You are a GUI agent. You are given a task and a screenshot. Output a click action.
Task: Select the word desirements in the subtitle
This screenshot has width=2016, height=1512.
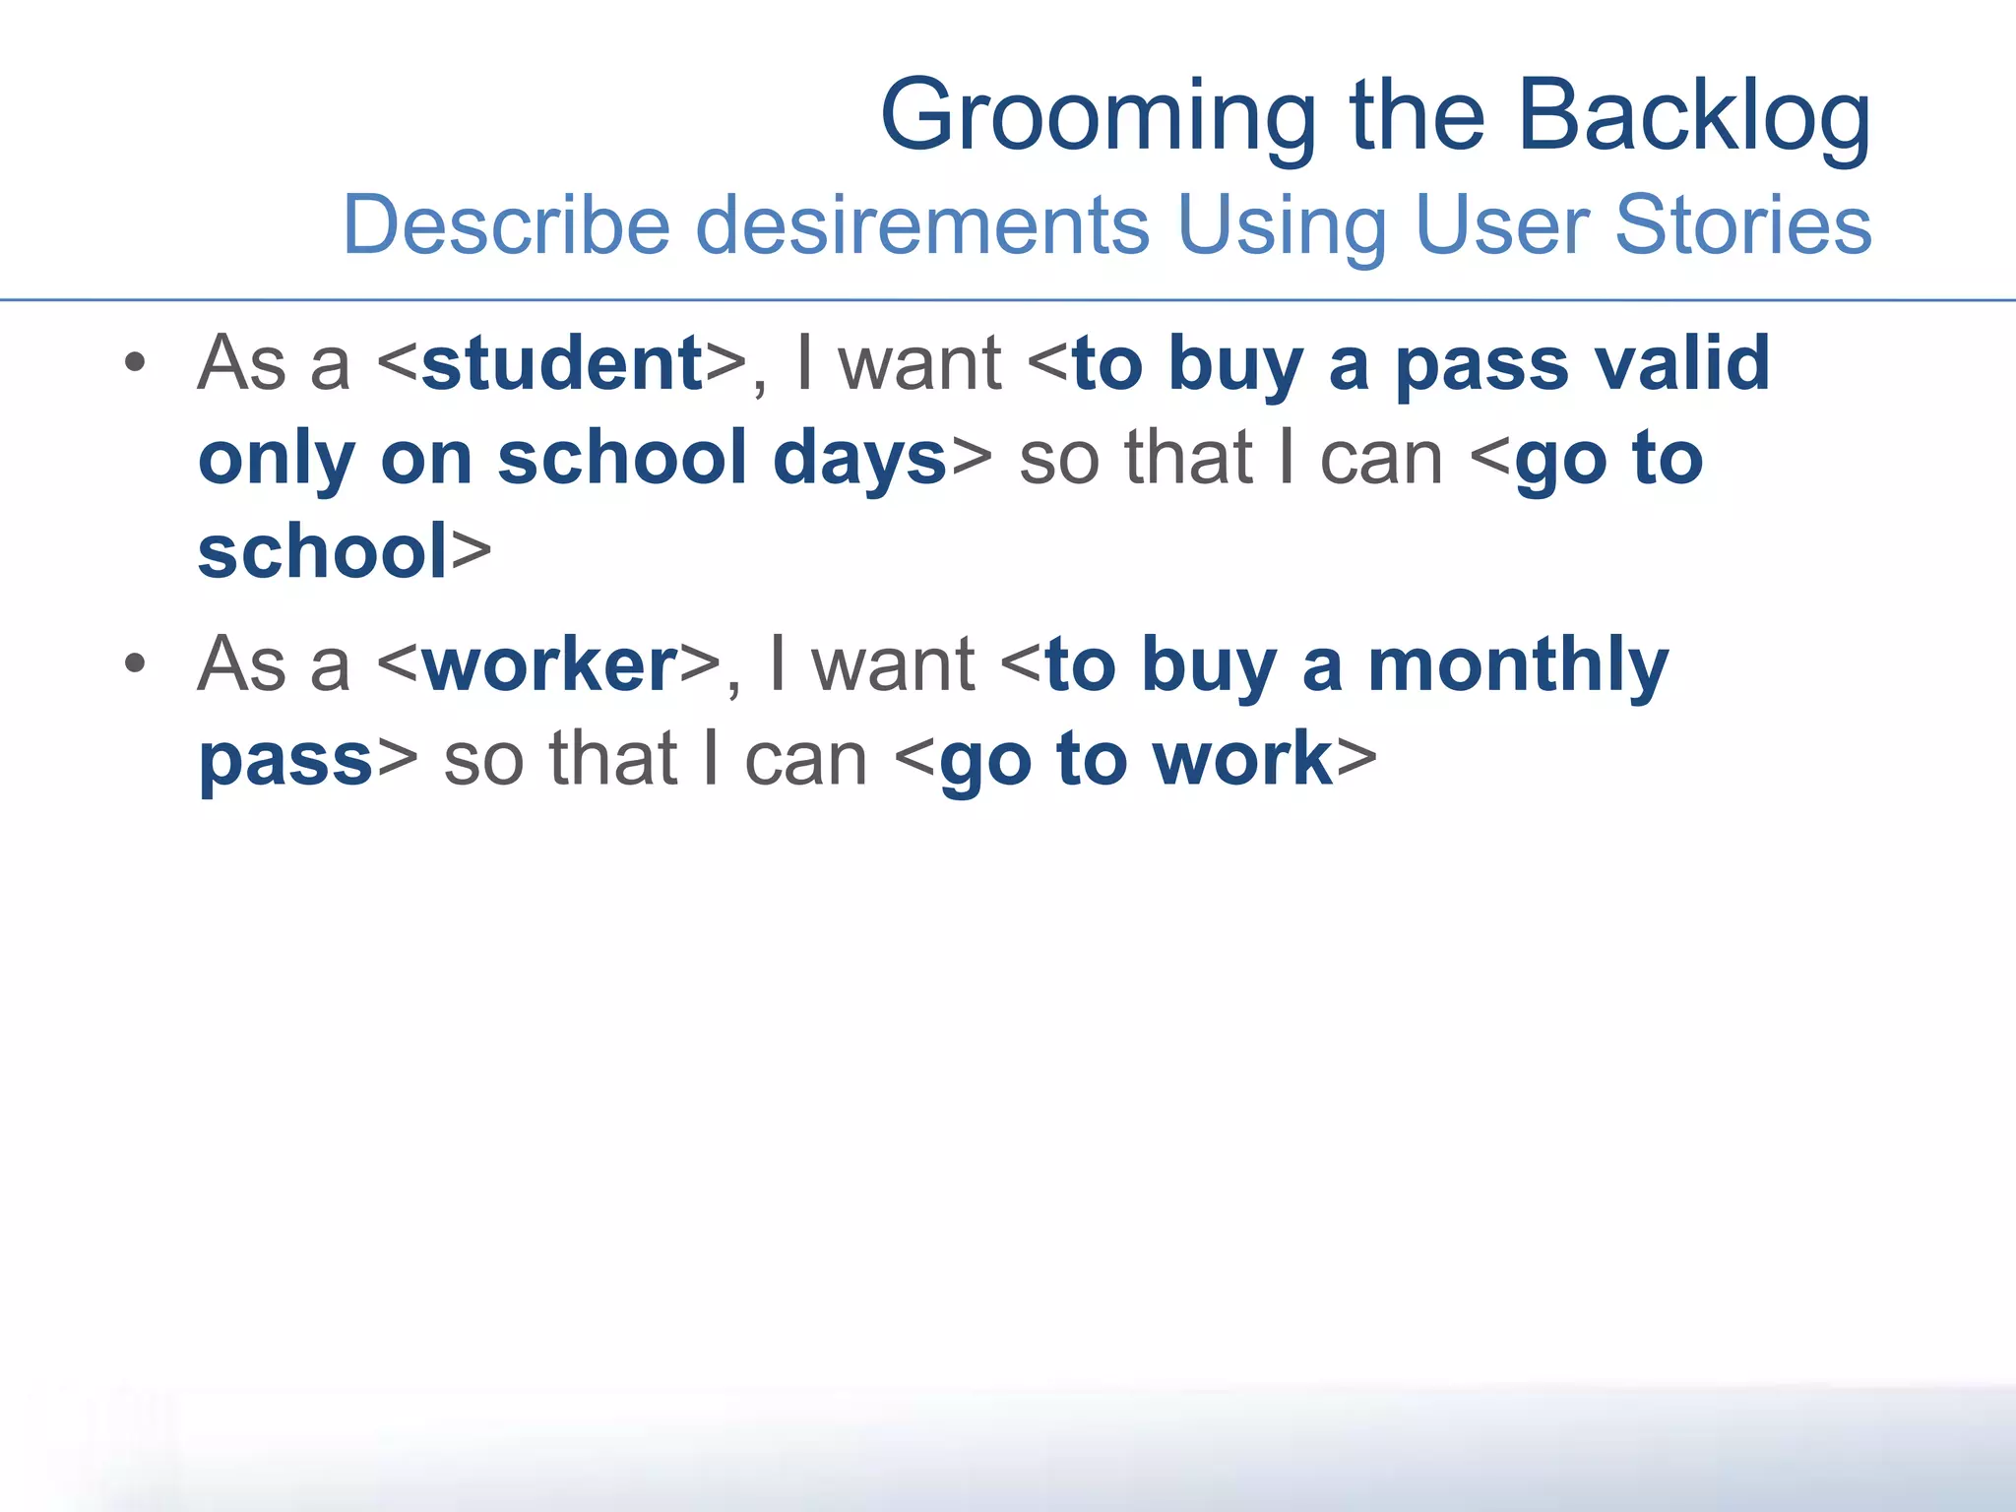922,224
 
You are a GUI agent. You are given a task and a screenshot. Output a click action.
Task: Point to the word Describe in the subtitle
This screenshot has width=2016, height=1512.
506,224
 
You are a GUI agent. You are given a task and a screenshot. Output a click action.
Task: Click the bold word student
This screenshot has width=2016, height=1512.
562,364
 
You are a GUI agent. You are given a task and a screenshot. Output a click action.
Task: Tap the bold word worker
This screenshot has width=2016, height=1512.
550,665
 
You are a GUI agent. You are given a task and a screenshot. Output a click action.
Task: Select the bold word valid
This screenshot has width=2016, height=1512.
1682,364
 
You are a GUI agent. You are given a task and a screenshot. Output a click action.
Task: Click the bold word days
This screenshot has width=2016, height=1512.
859,459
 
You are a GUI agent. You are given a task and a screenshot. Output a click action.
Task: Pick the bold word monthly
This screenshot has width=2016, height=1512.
1518,665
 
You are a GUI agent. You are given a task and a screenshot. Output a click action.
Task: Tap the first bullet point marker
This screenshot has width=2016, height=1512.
136,364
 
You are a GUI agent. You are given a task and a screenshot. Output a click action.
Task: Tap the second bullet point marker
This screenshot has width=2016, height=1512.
136,664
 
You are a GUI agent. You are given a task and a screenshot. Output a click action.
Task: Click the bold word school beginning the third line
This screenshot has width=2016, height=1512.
323,551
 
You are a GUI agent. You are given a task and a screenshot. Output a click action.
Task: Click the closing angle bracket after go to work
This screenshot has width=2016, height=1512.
1356,760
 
